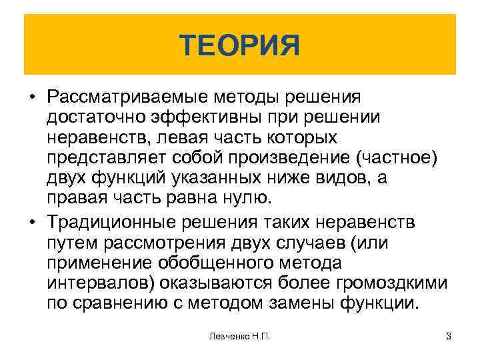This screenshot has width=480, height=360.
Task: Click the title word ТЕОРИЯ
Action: pos(240,46)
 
